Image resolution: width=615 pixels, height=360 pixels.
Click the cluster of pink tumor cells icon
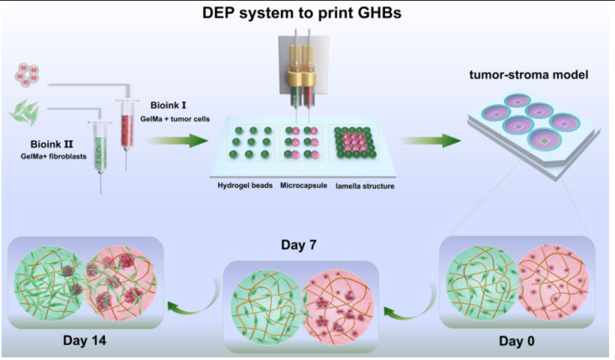[x=29, y=73]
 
